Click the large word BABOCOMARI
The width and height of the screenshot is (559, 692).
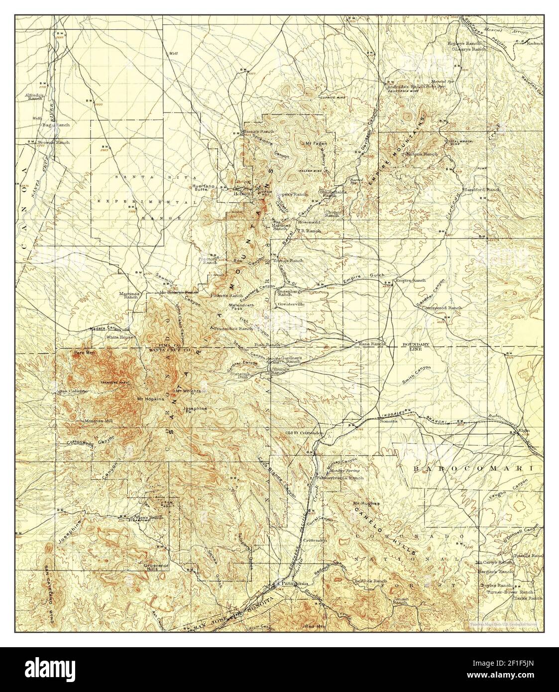473,468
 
